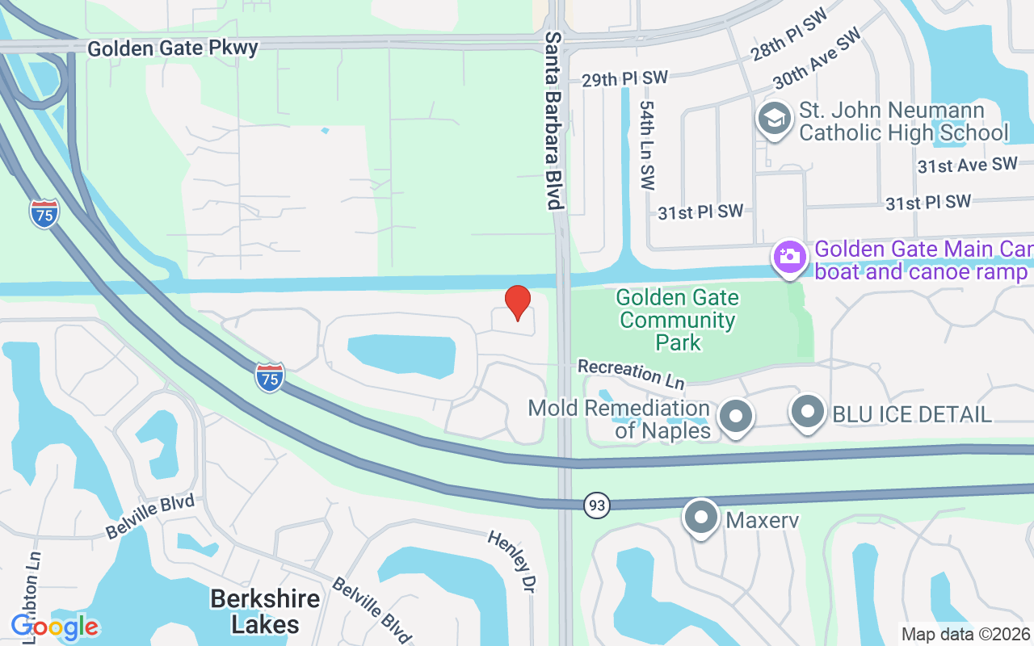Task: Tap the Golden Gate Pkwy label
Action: click(173, 48)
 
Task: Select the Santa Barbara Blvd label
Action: click(553, 121)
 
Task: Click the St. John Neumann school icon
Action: click(775, 120)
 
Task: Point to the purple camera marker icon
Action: click(789, 258)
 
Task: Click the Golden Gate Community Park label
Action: click(677, 320)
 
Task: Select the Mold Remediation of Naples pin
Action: click(735, 417)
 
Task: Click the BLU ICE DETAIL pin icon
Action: click(808, 413)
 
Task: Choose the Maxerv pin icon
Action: click(700, 518)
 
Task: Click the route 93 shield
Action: click(596, 505)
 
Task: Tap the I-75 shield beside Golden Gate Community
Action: click(270, 377)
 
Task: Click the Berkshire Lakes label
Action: click(265, 610)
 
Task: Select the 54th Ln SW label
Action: click(647, 145)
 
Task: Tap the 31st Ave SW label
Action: click(967, 166)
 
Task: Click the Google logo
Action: click(54, 627)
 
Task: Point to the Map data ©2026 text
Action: click(965, 634)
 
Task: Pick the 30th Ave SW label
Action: click(816, 61)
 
